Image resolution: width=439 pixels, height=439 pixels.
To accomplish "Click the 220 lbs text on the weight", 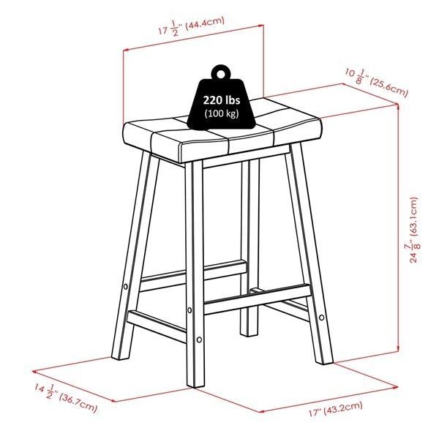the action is point(222,100).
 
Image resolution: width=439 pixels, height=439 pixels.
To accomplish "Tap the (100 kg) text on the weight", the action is point(222,113).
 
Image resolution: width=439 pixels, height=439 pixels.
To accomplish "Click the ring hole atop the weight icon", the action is point(221,75).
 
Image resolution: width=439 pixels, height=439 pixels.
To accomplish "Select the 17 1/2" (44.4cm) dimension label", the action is point(192,26).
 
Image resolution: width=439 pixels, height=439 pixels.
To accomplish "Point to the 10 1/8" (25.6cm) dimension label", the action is point(376,83).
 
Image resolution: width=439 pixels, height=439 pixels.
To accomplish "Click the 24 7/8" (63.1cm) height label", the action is point(413,230).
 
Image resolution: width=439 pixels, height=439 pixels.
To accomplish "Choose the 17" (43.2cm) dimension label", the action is point(335,409).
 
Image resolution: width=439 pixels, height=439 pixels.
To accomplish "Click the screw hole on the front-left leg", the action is point(126,287).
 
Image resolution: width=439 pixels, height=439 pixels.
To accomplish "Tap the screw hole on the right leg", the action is point(322,318).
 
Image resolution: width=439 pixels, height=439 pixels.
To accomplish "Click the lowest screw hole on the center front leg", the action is point(199,339).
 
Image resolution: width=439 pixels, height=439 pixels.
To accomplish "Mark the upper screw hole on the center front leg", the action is point(190,310).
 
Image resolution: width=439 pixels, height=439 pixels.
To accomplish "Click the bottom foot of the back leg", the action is point(249,333).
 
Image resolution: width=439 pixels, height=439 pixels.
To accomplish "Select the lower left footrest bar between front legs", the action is point(157,326).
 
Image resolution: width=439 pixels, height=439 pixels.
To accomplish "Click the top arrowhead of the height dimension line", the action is point(397,106).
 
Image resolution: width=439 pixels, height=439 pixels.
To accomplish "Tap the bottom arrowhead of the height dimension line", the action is point(397,348).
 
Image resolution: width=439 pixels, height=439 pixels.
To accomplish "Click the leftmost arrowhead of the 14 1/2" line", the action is point(34,372).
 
